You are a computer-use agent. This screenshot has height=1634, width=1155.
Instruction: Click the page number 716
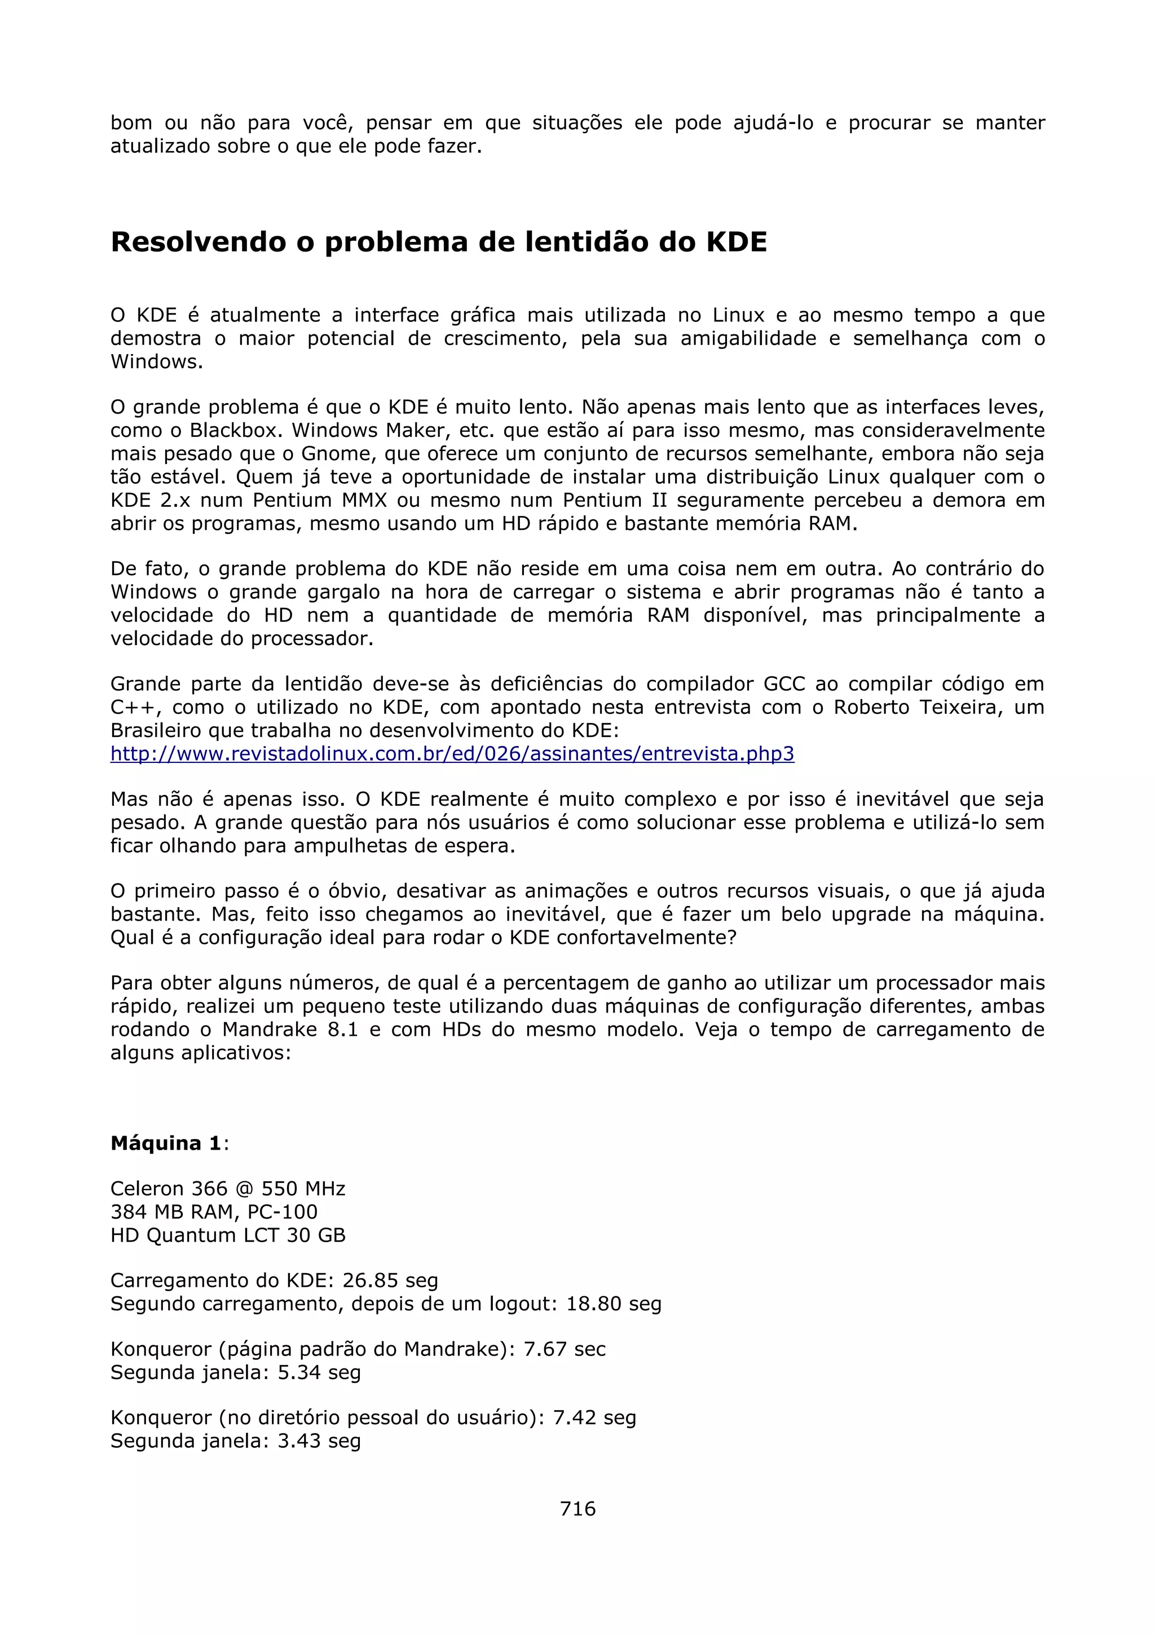tap(577, 1508)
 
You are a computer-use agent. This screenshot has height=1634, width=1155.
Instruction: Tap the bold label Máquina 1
tap(166, 1143)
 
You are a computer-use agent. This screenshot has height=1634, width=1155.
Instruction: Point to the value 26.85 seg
tap(390, 1280)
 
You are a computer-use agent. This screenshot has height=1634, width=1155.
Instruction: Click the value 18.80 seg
tap(614, 1304)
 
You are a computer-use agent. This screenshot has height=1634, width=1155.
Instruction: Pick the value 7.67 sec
tap(565, 1349)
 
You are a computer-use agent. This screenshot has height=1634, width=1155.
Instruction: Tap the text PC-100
tap(283, 1212)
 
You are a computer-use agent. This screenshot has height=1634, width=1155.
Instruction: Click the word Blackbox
tap(234, 431)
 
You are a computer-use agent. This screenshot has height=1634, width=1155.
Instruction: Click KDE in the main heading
tap(736, 242)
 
